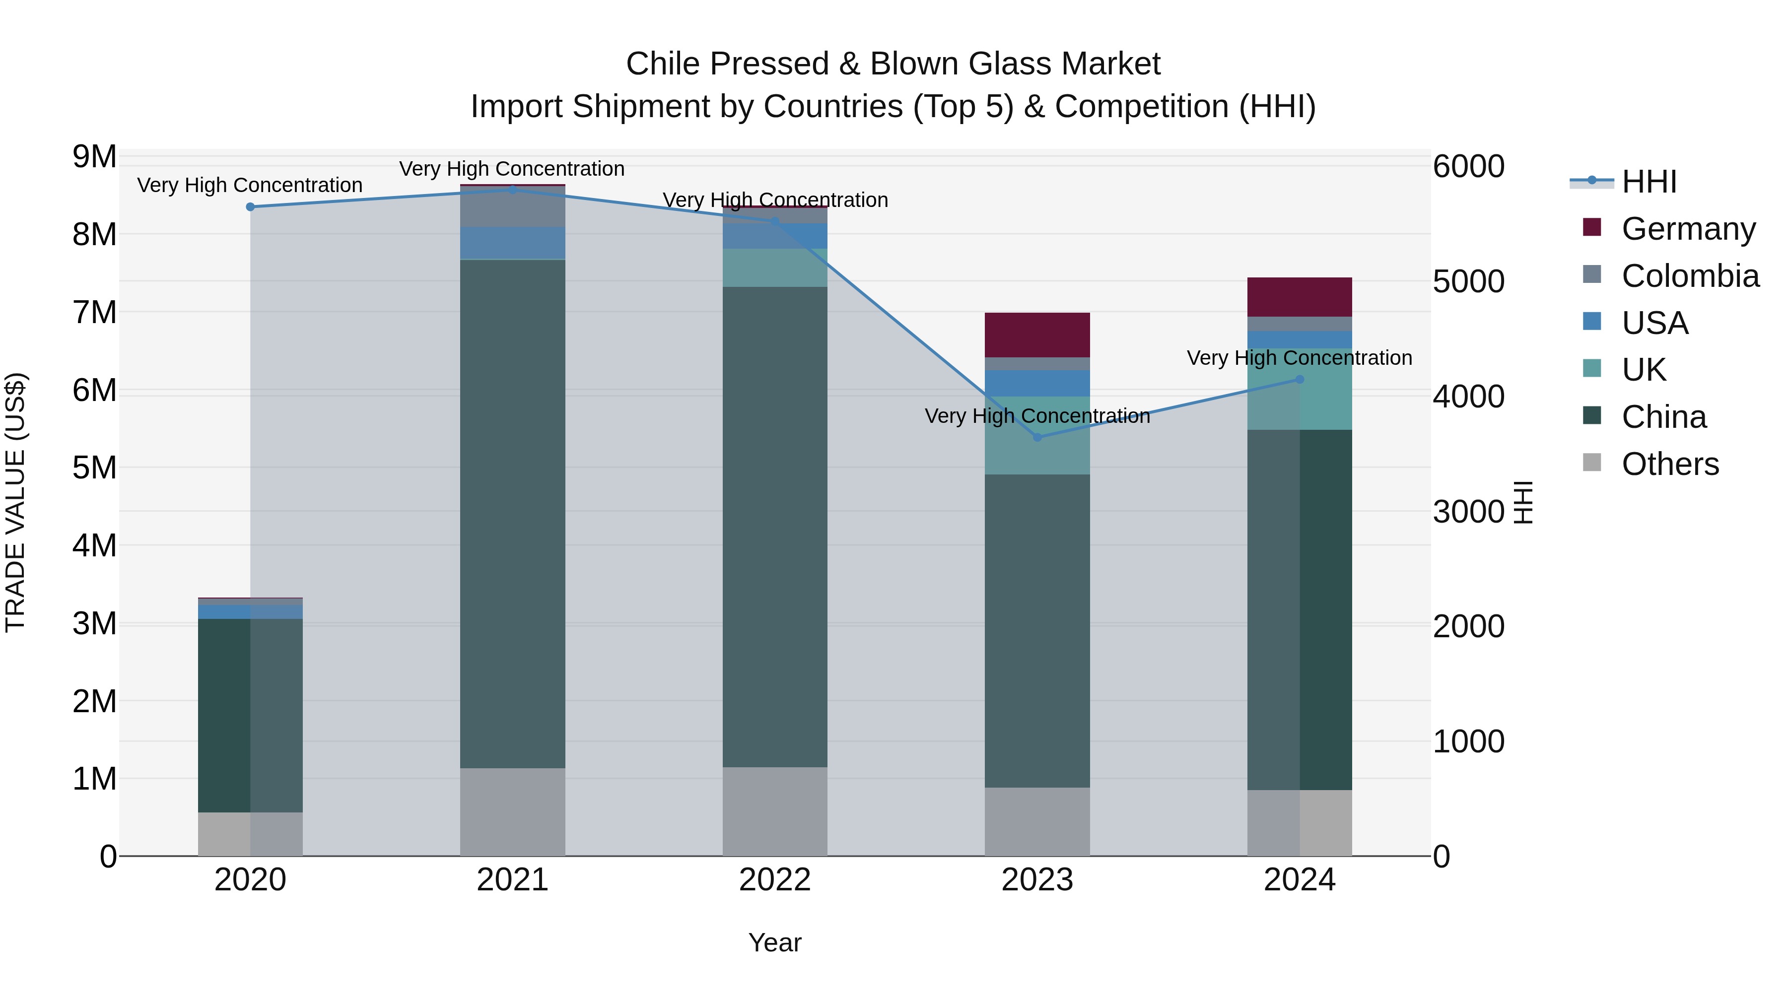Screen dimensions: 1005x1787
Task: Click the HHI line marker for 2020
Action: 251,206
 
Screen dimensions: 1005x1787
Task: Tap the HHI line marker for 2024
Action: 1300,379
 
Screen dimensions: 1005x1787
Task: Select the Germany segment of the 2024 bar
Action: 1300,297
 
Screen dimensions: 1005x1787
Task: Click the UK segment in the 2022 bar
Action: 775,268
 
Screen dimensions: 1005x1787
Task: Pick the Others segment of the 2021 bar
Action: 513,811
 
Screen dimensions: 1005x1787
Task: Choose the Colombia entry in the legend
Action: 1690,276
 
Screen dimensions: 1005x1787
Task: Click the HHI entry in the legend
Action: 1648,182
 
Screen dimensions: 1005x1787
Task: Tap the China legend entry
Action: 1663,417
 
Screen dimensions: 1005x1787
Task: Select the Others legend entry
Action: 1670,464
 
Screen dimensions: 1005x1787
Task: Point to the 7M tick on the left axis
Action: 95,312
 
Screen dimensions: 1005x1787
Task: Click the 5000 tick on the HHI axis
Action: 1469,281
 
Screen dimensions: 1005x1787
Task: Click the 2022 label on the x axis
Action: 775,880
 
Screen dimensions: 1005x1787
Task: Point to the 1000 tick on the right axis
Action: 1469,741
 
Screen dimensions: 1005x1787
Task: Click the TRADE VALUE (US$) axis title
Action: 15,502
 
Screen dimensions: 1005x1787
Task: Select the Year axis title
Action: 775,942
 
